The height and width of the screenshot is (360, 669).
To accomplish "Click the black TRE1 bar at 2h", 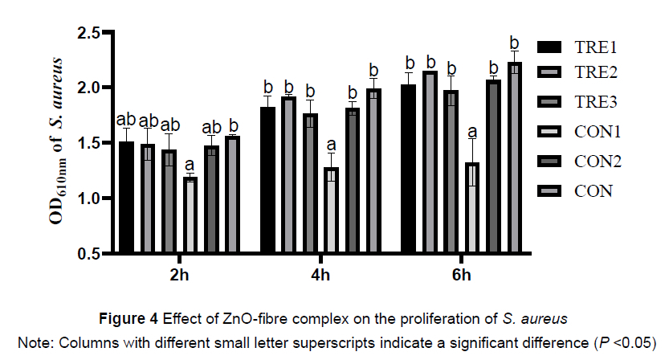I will [126, 197].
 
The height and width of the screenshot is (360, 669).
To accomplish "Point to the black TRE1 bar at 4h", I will [267, 180].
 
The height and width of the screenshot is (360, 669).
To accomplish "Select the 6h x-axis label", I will [461, 276].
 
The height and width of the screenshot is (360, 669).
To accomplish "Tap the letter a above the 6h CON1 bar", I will [472, 132].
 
